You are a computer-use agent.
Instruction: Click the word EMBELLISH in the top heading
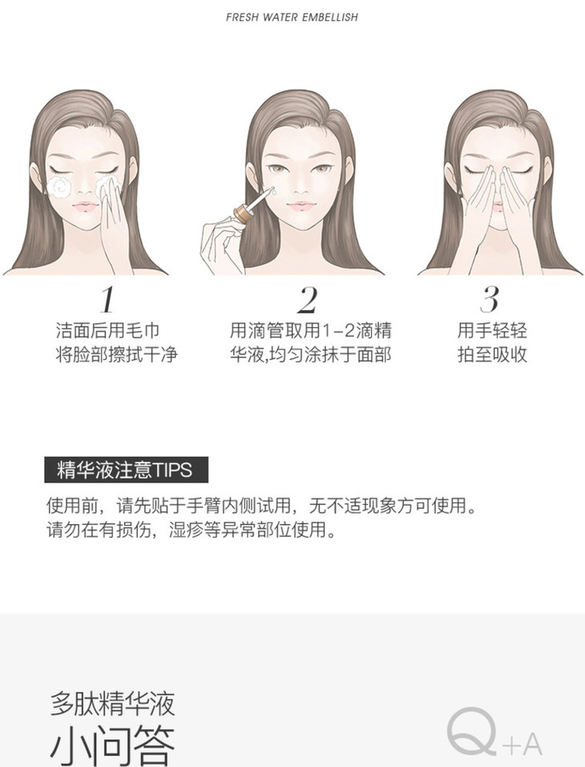pos(329,17)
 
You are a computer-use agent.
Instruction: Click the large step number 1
pos(107,300)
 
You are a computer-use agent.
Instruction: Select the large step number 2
pos(307,300)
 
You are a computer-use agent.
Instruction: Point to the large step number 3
pos(490,300)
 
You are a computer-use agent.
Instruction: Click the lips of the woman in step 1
pos(86,206)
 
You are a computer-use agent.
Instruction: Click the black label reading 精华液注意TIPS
pos(126,470)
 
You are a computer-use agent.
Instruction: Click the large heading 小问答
pos(112,746)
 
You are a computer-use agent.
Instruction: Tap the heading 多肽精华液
pos(112,704)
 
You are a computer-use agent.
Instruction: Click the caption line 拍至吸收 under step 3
pos(492,354)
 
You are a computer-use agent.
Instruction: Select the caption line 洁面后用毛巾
pos(107,331)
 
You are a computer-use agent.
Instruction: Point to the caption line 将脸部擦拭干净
pos(116,354)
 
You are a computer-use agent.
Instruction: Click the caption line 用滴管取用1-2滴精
pos(311,331)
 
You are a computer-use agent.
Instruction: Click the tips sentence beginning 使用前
pos(262,505)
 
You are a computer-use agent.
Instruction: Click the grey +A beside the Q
pos(522,745)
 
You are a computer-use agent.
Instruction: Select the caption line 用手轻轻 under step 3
pos(492,331)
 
